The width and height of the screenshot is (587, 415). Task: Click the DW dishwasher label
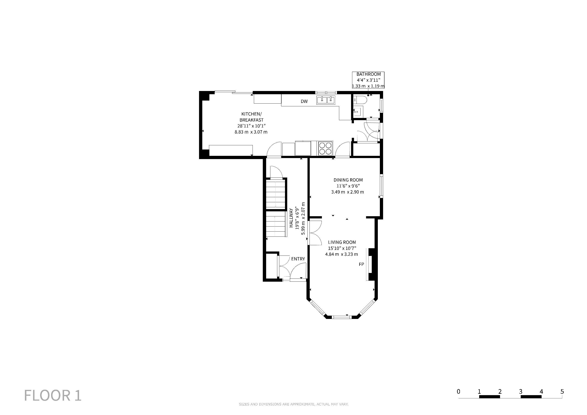point(304,102)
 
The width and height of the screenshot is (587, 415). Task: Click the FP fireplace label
point(361,264)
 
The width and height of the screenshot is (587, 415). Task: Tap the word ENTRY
point(298,259)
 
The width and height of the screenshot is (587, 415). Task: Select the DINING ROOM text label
point(348,180)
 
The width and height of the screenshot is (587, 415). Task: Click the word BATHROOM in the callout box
point(369,74)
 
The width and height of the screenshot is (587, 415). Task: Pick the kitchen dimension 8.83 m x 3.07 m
point(251,132)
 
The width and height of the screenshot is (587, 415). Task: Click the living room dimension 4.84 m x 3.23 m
point(342,254)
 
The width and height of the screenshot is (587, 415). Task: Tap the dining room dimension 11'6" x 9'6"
point(348,186)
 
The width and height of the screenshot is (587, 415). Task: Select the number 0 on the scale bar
point(459,391)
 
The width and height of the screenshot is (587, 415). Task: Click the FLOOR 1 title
point(53,396)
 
